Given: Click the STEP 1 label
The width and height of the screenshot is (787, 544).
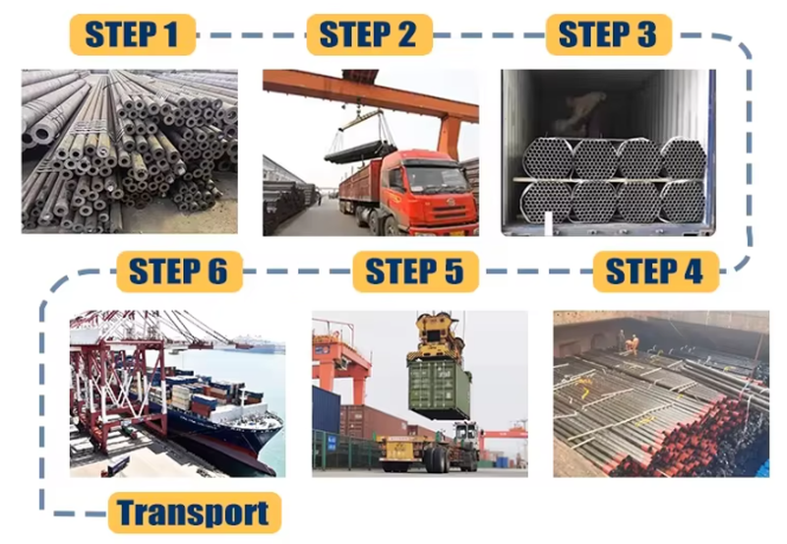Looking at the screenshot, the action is click(132, 34).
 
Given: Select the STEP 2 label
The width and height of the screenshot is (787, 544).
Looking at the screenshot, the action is click(370, 34).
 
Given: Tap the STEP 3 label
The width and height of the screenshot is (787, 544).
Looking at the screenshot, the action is click(608, 34).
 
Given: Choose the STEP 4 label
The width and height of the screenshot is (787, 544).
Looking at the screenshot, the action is click(655, 272).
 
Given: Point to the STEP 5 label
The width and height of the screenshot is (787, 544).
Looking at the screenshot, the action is click(415, 272).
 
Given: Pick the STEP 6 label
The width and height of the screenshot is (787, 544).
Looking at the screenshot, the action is click(179, 272).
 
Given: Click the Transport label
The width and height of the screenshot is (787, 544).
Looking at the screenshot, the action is click(194, 513).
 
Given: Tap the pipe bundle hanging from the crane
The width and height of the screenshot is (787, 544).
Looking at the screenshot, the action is click(360, 151).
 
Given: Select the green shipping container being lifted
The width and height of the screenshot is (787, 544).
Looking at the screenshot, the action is click(439, 389).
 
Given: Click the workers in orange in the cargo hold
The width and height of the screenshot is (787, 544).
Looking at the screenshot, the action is click(629, 343).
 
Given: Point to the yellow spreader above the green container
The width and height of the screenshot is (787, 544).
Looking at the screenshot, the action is click(435, 335).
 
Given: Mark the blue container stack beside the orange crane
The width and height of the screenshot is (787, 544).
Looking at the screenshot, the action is click(327, 410).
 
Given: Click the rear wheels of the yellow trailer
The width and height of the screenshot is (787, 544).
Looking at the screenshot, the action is click(436, 458).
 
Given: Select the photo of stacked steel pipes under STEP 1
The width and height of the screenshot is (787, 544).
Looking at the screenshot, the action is click(130, 151).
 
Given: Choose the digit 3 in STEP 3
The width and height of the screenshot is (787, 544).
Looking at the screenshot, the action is click(646, 34).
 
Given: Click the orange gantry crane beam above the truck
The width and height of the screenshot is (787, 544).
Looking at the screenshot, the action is click(371, 95).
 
